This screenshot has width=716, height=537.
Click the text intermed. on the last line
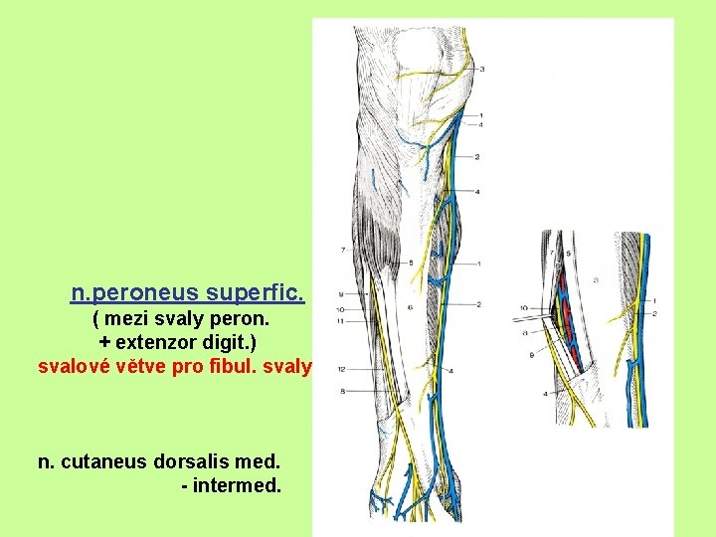pyautogui.click(x=238, y=486)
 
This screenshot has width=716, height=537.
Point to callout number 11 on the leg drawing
pyautogui.click(x=340, y=321)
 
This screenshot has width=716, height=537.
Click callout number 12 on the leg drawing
pyautogui.click(x=340, y=369)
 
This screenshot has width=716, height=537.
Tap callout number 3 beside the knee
pyautogui.click(x=482, y=70)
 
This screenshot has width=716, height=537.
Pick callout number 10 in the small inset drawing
pyautogui.click(x=522, y=309)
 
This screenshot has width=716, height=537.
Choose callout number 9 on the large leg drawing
pyautogui.click(x=340, y=295)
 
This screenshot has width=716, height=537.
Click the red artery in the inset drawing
pyautogui.click(x=563, y=298)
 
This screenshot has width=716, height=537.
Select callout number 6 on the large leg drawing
pyautogui.click(x=410, y=307)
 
